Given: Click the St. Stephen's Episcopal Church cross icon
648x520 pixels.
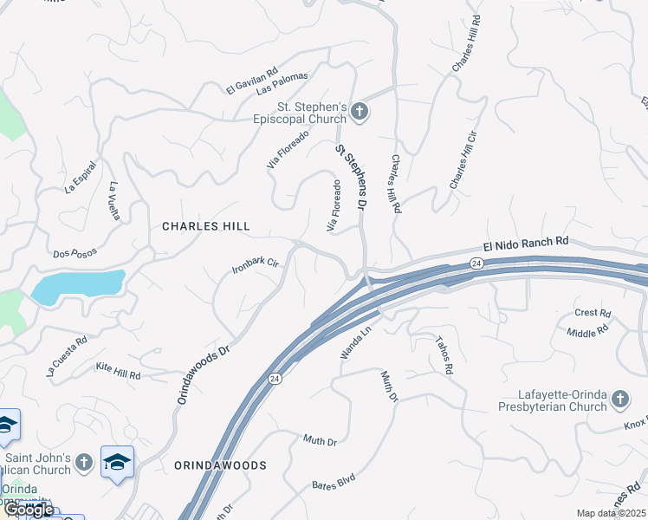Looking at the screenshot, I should click(x=360, y=112).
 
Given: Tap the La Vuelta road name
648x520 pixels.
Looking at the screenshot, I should click(x=114, y=200).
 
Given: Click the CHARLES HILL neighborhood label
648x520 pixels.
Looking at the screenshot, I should click(x=206, y=226).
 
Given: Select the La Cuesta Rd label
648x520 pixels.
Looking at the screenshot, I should click(x=68, y=359).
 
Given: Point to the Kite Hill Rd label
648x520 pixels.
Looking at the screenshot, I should click(x=118, y=370).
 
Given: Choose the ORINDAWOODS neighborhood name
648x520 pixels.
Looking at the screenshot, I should click(x=220, y=465).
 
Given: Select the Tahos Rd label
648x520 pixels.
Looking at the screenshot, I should click(x=444, y=355).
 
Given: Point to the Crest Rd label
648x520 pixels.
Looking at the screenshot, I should click(x=593, y=313).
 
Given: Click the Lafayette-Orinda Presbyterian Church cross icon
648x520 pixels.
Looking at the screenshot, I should click(x=619, y=400).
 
